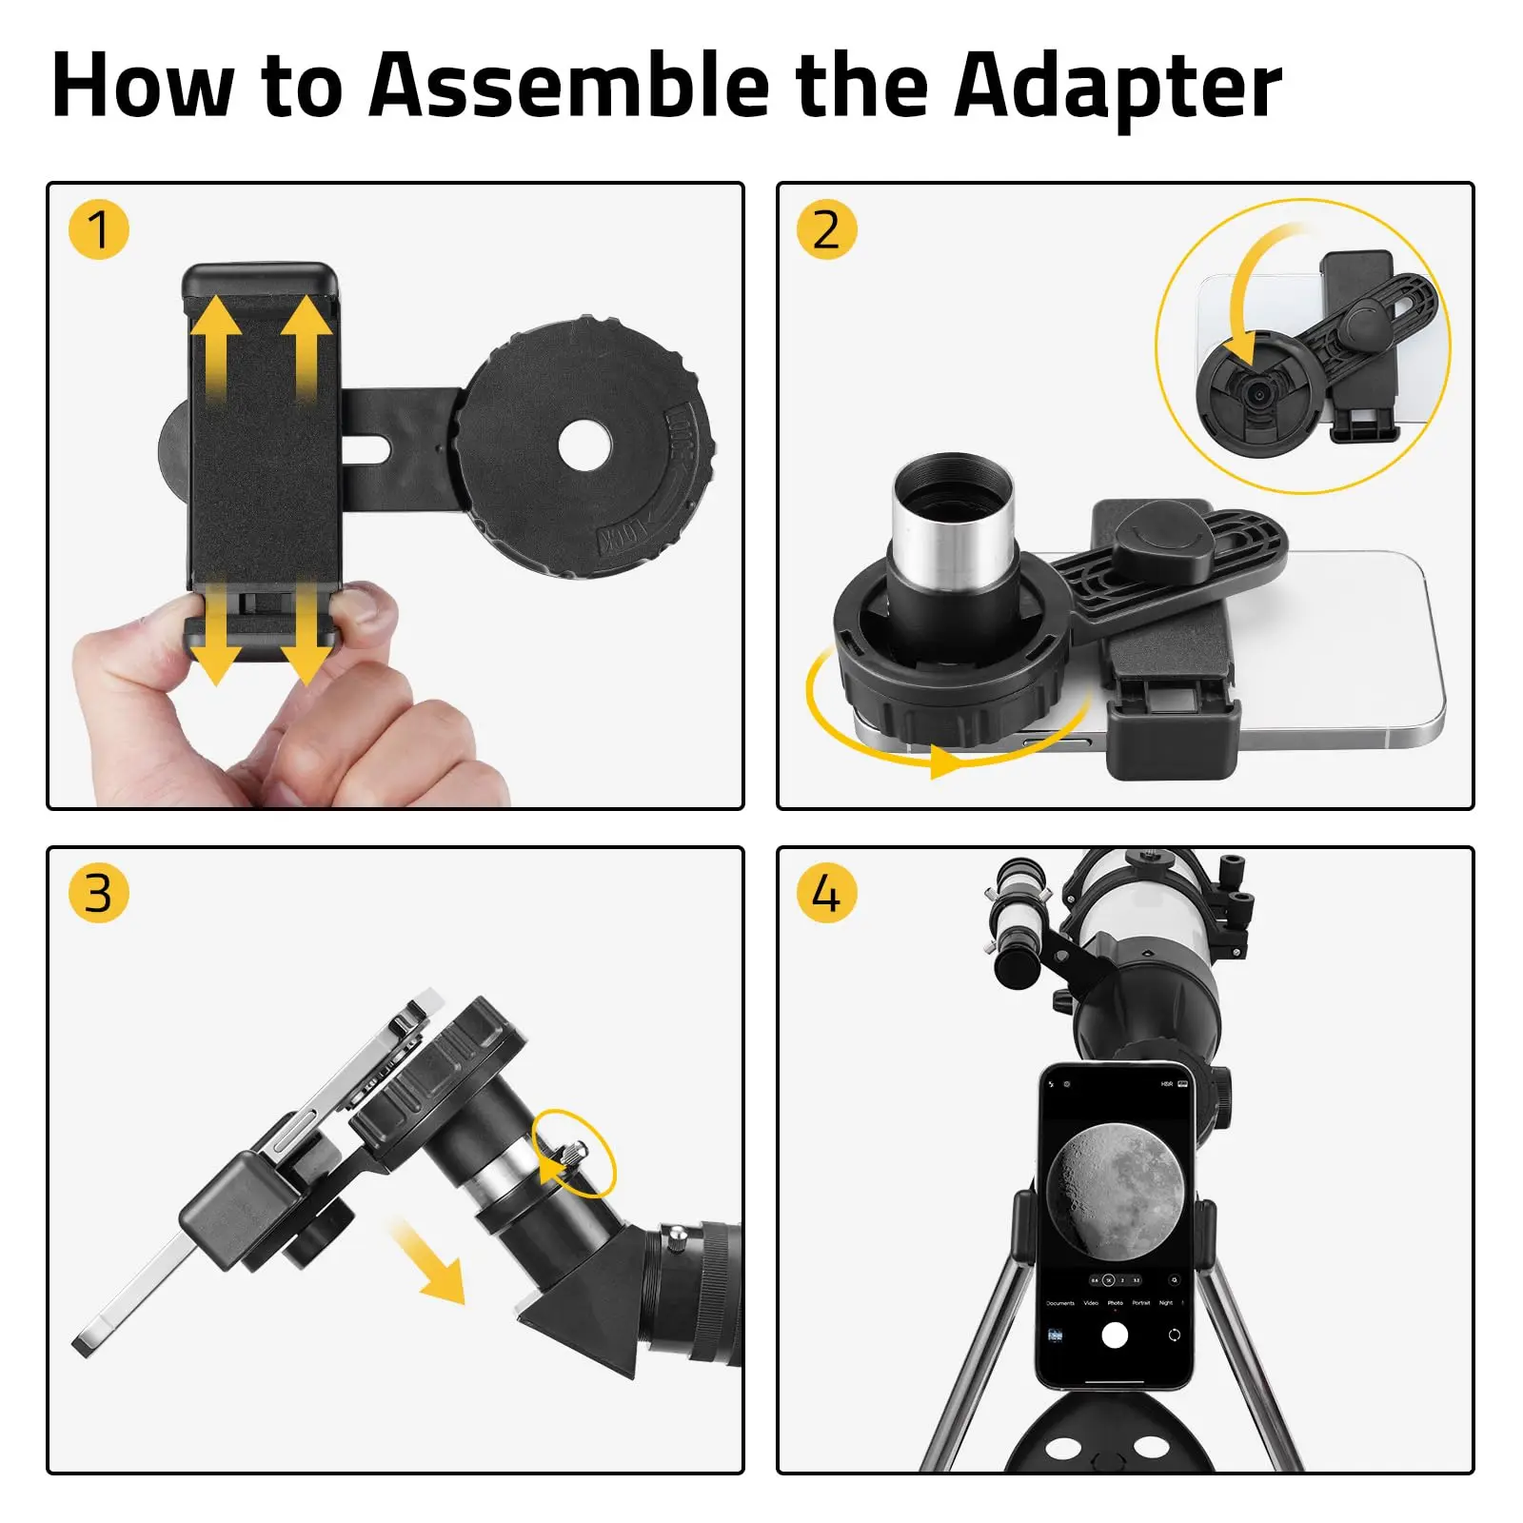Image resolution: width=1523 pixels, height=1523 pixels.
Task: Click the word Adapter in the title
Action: [1118, 88]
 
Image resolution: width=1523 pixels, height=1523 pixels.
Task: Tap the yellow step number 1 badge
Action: [98, 229]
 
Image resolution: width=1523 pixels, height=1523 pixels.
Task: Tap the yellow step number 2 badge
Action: [826, 229]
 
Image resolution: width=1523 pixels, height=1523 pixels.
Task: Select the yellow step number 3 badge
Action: [98, 893]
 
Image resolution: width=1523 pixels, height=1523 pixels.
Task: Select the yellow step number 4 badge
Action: [826, 893]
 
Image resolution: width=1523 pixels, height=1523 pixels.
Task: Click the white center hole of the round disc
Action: [583, 445]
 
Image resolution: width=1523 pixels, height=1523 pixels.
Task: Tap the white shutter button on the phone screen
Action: [1115, 1335]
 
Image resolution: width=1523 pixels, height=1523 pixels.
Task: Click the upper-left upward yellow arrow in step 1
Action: [216, 343]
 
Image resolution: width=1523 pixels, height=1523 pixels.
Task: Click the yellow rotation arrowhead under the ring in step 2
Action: [947, 761]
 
